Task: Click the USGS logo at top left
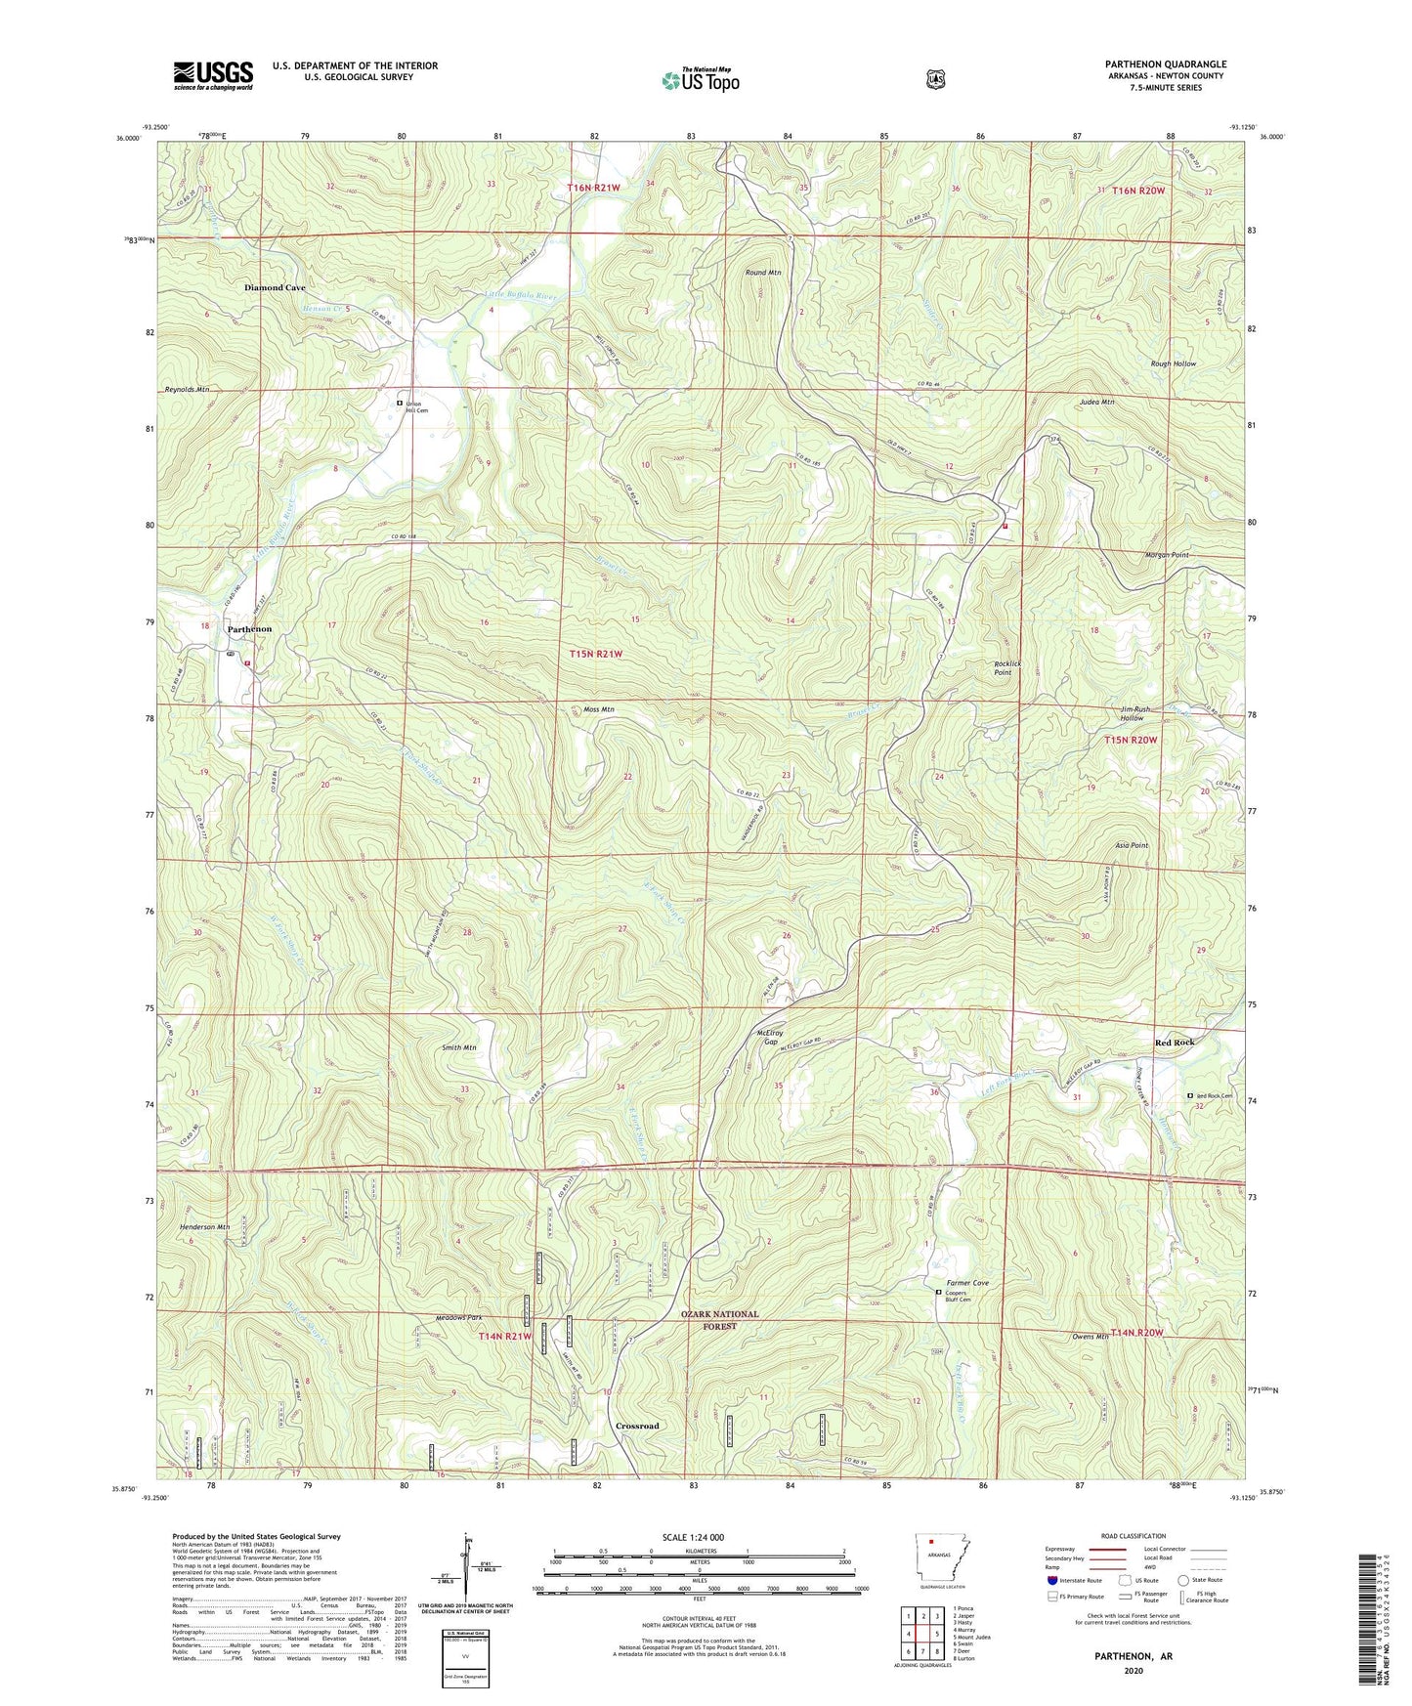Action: click(x=213, y=75)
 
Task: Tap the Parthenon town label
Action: click(x=249, y=629)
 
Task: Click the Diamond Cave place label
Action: click(x=275, y=288)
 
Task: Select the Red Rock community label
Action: click(x=1174, y=1043)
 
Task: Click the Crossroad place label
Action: click(x=637, y=1426)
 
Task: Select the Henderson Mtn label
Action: click(x=204, y=1226)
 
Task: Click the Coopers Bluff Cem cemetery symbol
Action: click(x=939, y=1292)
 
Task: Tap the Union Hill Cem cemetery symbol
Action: click(x=400, y=403)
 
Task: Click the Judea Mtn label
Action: click(x=1096, y=402)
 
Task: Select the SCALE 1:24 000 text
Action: click(x=693, y=1537)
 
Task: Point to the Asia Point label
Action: click(x=1132, y=845)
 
